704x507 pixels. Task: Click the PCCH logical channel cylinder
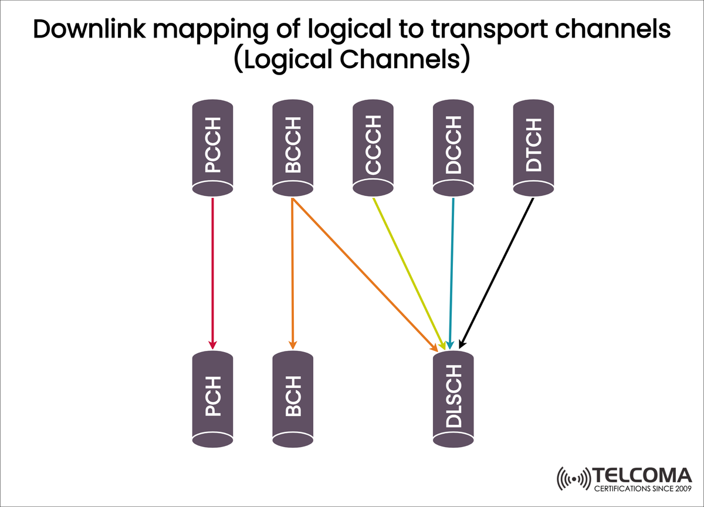213,147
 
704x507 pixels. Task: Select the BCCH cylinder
293,147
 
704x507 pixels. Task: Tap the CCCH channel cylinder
373,147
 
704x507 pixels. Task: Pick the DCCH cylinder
452,147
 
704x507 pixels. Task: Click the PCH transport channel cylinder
213,397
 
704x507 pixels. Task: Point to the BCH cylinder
293,397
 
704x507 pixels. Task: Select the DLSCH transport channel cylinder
452,397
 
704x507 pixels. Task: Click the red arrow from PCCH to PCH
213,270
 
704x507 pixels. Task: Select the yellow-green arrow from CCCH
408,273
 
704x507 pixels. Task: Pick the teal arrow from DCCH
452,273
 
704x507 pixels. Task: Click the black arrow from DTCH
497,273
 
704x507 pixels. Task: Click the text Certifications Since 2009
642,488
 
